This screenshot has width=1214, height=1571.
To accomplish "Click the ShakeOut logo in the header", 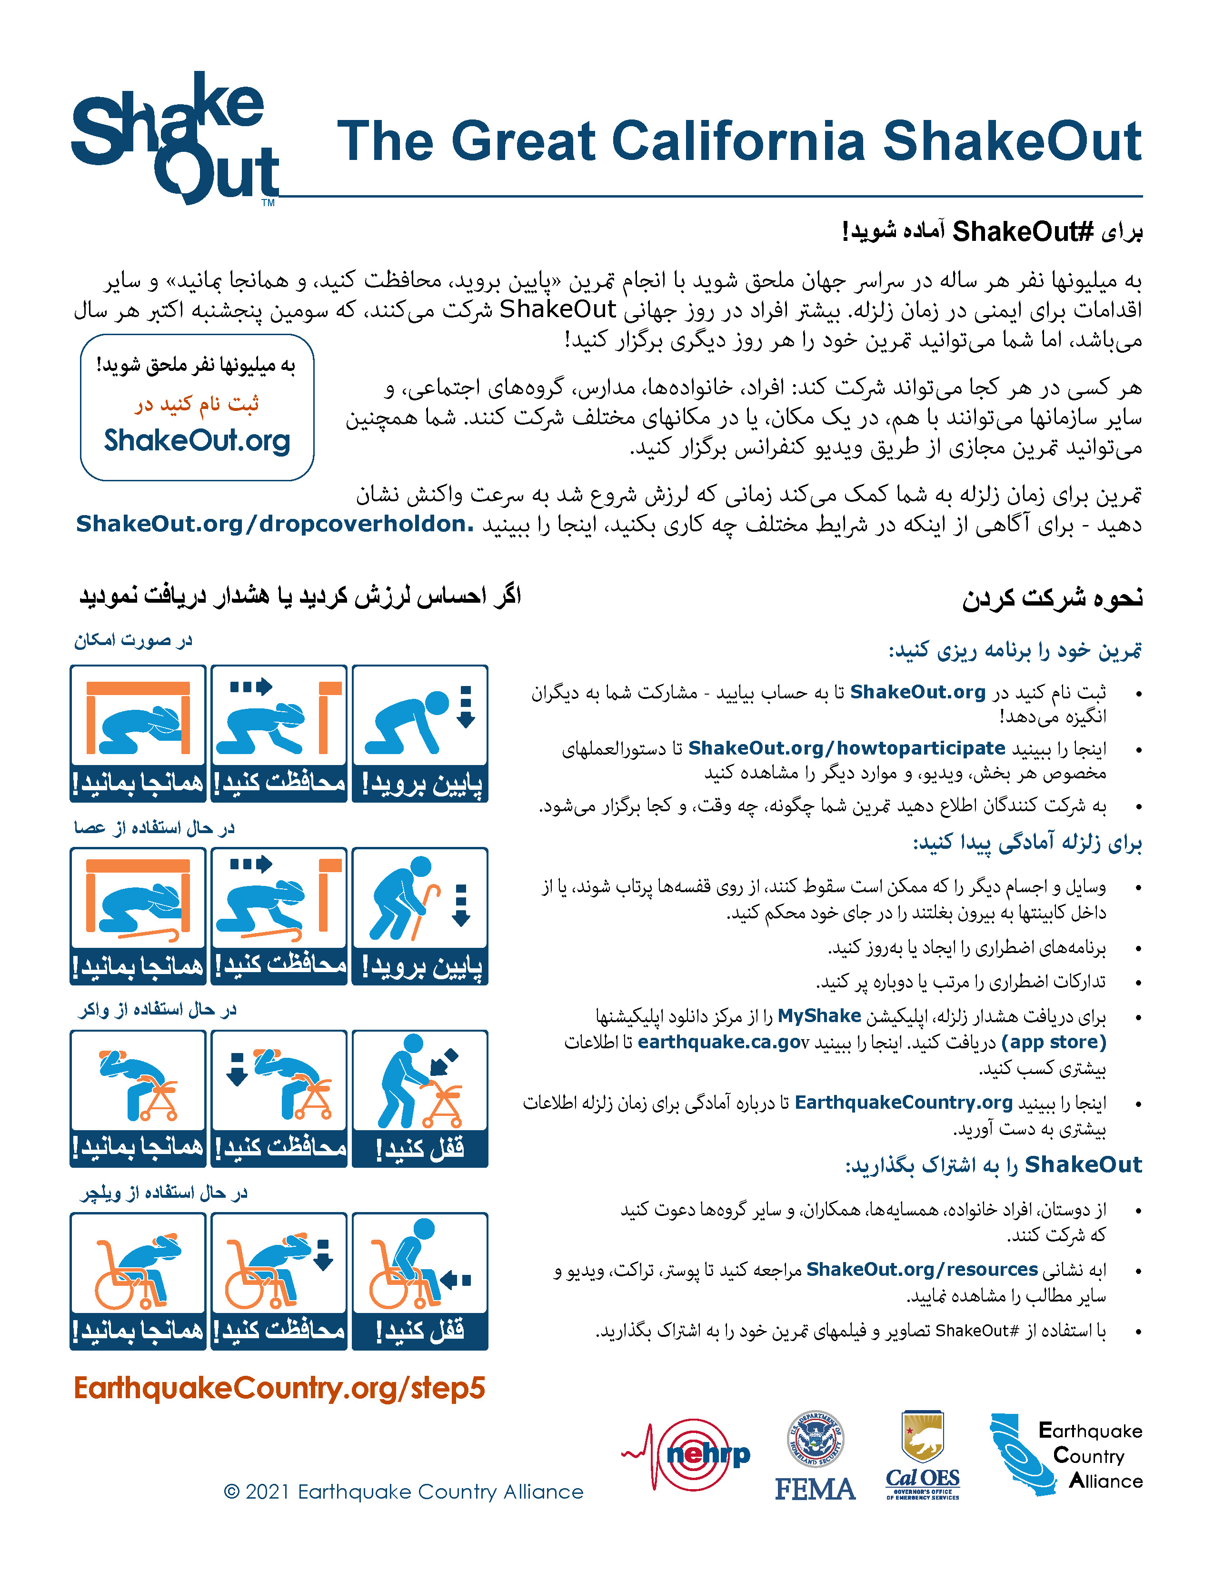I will pos(175,139).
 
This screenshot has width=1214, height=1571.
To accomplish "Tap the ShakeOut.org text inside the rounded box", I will pos(197,440).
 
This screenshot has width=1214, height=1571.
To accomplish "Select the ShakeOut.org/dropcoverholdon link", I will pos(275,524).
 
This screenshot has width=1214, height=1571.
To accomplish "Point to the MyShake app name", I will pos(819,1016).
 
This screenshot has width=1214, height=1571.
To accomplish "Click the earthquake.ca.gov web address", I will pos(723,1042).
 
